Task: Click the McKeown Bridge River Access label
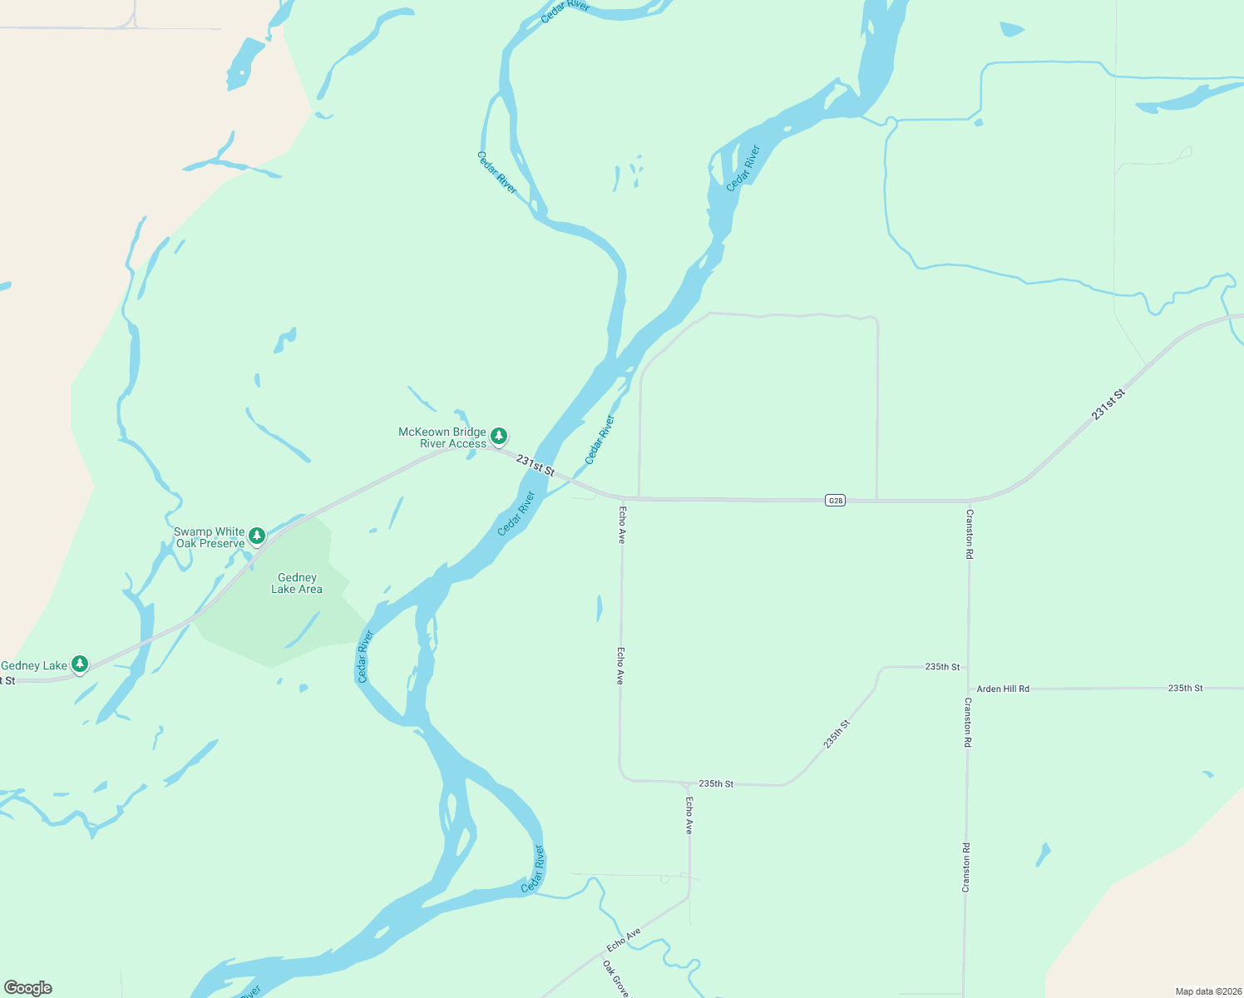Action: coord(442,437)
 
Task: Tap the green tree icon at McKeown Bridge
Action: coord(498,436)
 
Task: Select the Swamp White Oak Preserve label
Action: coord(210,537)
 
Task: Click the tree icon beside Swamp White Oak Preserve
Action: coord(257,535)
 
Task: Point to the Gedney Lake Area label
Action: coord(297,583)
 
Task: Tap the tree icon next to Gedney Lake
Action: coord(80,664)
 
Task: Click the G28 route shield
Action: coord(836,500)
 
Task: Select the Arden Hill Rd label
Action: coord(1003,689)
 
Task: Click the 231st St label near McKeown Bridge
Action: coord(535,464)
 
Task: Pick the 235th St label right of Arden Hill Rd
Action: coord(1185,688)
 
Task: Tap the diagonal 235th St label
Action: coord(837,734)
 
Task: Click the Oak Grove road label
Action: coord(616,979)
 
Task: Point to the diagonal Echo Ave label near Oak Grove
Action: coord(624,940)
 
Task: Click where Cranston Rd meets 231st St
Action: coord(969,501)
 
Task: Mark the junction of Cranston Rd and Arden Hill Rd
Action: coord(968,689)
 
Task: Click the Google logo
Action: coord(28,988)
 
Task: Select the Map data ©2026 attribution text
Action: coord(1208,991)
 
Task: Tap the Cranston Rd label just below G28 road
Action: coord(970,533)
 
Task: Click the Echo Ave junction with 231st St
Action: coord(621,499)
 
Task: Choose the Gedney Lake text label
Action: coord(34,665)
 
